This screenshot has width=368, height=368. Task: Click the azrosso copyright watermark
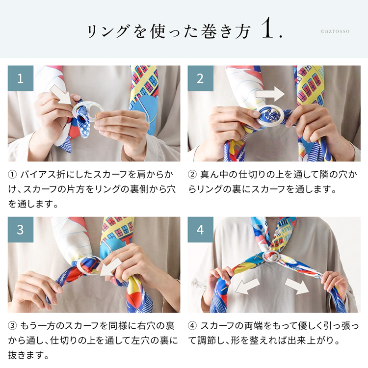(x=336, y=31)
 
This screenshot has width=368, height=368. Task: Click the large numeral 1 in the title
(x=268, y=30)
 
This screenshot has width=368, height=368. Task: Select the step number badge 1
(x=21, y=79)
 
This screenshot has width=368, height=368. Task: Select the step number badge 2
(x=200, y=79)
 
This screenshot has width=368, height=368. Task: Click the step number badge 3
(x=21, y=230)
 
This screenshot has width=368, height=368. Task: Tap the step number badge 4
(x=200, y=230)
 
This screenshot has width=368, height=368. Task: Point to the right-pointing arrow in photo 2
(x=269, y=93)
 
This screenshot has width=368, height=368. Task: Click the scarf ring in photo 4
(x=272, y=257)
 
